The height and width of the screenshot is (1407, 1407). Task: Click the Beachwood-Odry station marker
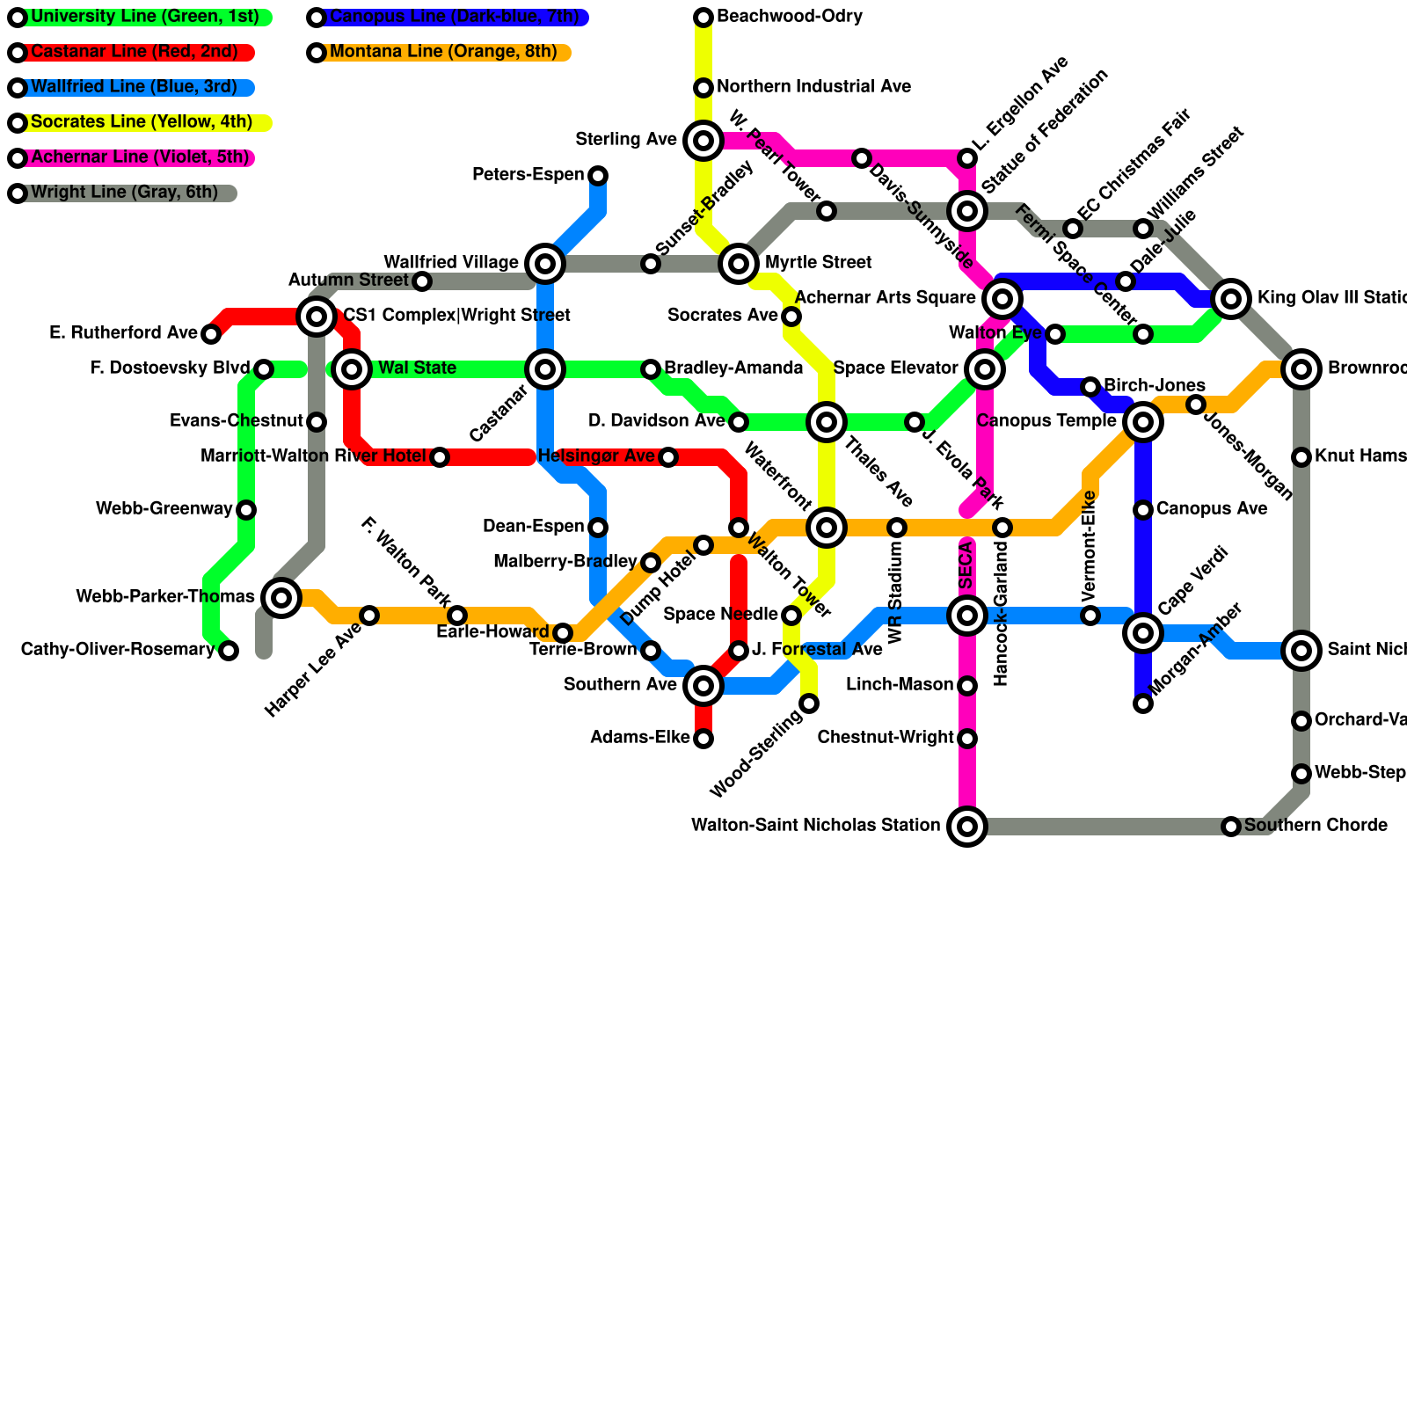click(703, 18)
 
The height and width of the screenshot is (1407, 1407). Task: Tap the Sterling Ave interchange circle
click(703, 141)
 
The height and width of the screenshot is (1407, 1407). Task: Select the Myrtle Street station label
click(818, 263)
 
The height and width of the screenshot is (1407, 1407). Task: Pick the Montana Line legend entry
click(443, 53)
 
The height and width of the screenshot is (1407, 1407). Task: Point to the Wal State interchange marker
click(352, 369)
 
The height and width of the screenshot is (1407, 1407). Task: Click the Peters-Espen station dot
click(598, 176)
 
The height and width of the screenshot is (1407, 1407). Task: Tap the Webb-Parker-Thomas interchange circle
click(281, 598)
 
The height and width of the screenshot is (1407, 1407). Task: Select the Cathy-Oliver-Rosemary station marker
click(229, 651)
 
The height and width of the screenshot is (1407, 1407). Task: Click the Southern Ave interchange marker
click(703, 686)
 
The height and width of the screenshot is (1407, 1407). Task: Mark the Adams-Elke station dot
click(703, 739)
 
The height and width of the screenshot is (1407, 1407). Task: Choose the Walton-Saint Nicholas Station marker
click(967, 827)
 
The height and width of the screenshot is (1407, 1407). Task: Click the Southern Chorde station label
click(1316, 826)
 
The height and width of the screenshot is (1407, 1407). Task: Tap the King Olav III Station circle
click(1231, 299)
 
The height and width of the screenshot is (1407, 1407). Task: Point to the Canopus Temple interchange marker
click(1143, 422)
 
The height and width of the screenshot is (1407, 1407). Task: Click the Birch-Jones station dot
click(1090, 387)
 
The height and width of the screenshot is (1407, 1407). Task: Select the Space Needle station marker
click(791, 616)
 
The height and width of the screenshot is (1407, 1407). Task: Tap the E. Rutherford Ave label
click(123, 333)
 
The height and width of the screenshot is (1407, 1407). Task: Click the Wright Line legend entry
click(124, 193)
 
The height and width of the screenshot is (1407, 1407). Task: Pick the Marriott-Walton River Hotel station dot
click(440, 457)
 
